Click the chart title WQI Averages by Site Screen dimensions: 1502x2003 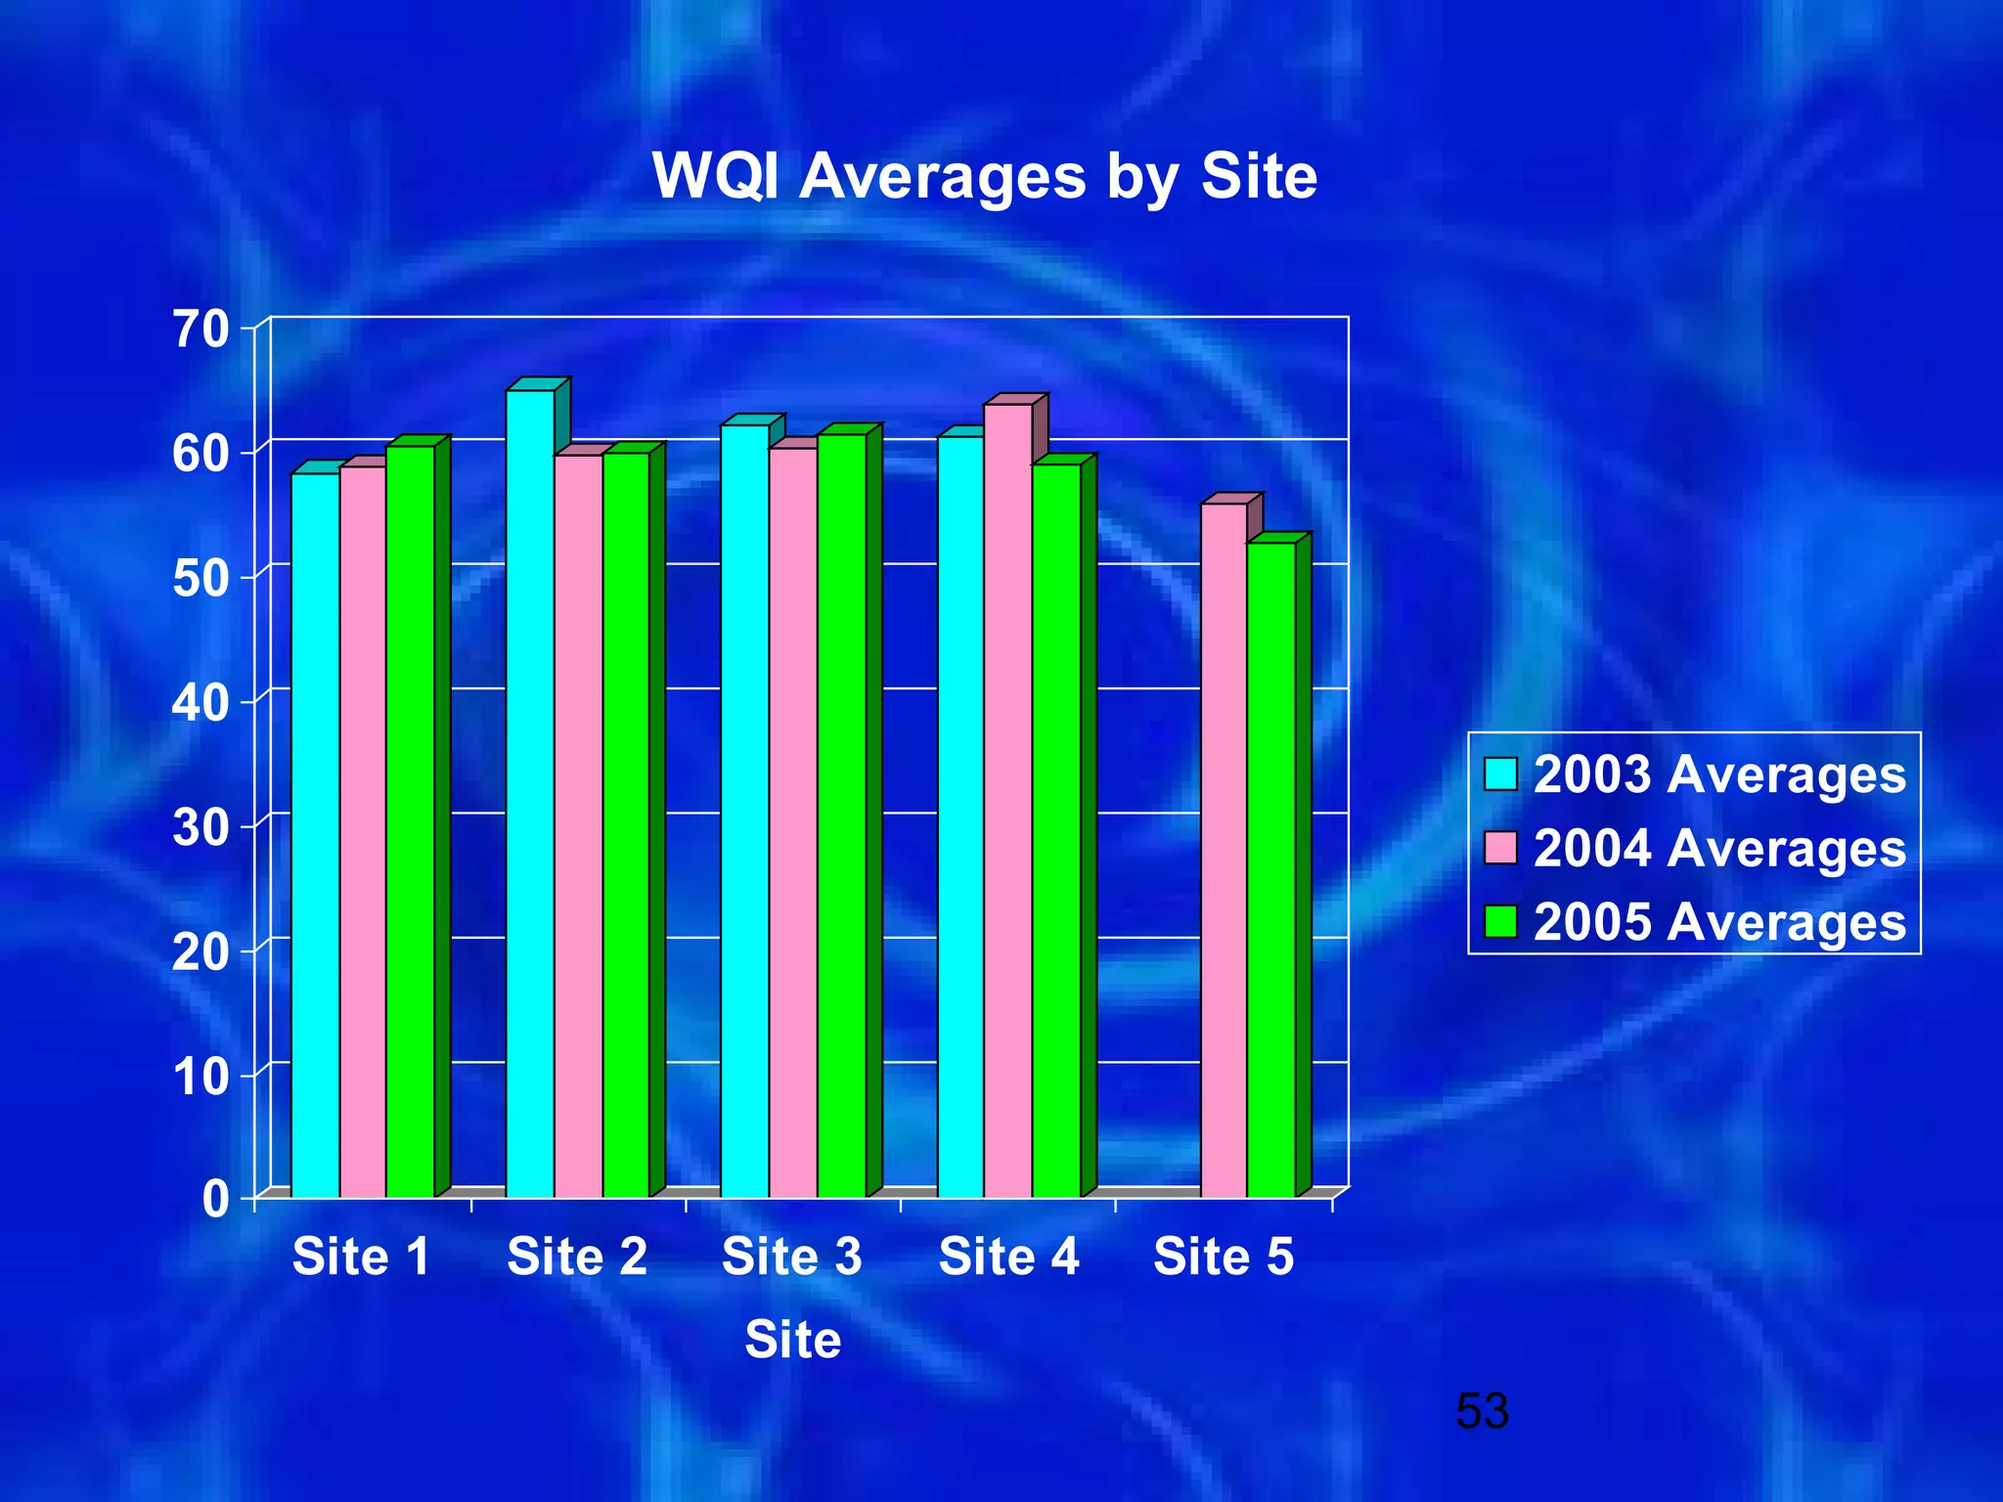984,177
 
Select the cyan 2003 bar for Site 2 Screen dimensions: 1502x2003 530,792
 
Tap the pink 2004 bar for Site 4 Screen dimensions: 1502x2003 1007,800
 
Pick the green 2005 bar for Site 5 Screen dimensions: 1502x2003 1271,868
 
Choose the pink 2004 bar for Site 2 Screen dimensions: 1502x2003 578,825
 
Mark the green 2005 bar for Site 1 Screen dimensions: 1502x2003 410,820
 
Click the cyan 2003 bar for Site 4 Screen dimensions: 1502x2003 960,816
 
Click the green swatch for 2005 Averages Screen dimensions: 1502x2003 1500,921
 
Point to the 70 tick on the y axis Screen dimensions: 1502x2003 200,330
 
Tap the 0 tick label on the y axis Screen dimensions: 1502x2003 214,1198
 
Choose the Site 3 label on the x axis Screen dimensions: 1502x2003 791,1257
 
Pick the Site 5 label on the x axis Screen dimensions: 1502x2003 1223,1257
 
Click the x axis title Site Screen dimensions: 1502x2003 792,1339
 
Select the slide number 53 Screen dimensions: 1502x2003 1482,1411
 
